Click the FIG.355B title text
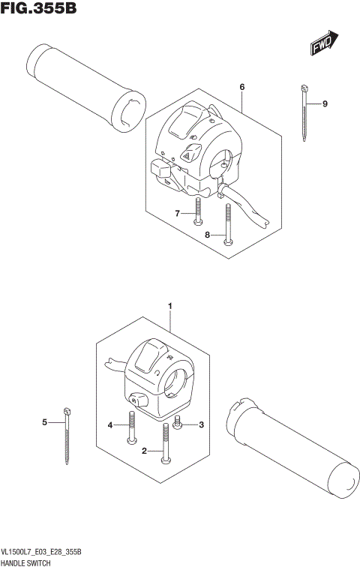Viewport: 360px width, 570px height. (x=39, y=10)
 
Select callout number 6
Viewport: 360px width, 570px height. (x=242, y=87)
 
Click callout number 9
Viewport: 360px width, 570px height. (x=325, y=103)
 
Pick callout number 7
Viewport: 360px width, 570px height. (x=178, y=214)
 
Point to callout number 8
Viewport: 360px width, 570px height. (x=208, y=235)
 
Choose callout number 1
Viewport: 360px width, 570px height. (x=170, y=306)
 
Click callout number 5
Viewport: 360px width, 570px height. (x=44, y=422)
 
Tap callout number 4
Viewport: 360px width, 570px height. (x=110, y=425)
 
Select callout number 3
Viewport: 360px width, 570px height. (x=201, y=425)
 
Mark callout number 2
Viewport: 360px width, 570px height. (x=144, y=451)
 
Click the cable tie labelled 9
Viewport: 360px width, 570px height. (x=304, y=112)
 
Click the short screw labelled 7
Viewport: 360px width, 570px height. (x=196, y=211)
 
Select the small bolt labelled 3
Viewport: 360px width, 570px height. (x=178, y=424)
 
